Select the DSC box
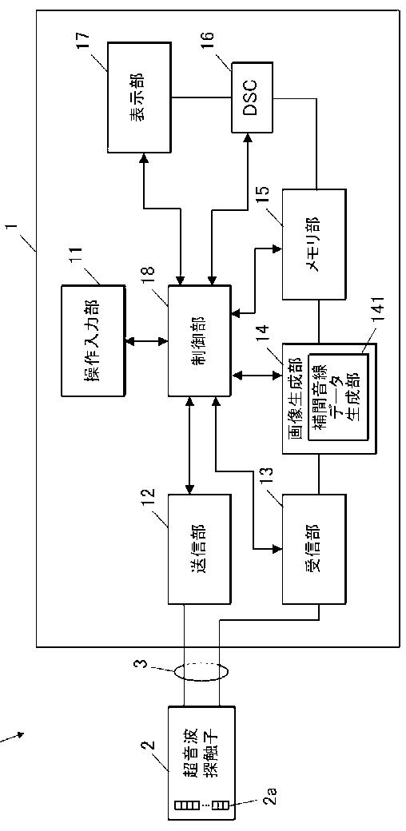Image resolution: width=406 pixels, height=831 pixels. coord(253,97)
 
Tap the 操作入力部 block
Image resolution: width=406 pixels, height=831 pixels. coord(94,340)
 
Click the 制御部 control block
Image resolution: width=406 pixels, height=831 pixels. coord(200,340)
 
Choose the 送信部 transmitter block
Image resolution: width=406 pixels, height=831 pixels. coord(200,549)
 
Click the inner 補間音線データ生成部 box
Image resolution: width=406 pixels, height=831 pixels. coord(338,397)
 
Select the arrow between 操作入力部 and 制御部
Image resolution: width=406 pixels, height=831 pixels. coord(147,340)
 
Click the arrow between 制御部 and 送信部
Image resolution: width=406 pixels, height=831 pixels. coord(189,445)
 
